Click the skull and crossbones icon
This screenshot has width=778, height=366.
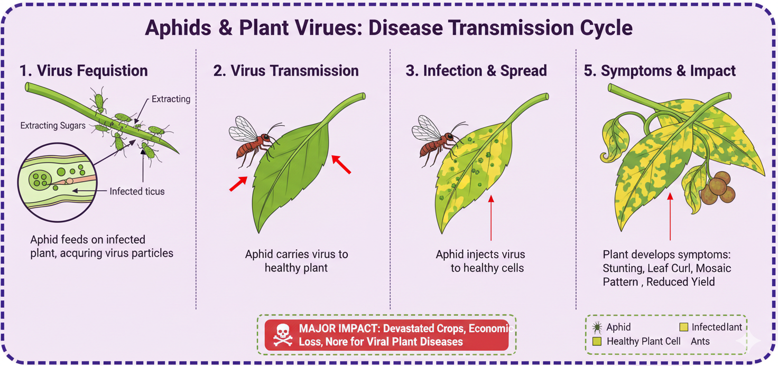click(282, 335)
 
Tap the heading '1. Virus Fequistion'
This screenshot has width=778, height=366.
click(84, 70)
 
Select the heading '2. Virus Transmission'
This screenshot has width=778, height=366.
click(286, 70)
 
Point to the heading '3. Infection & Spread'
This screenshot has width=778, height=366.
click(476, 70)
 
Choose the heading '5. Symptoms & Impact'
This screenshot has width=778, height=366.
click(660, 71)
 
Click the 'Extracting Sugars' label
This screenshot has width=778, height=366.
click(53, 126)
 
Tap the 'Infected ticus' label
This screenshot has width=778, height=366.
click(137, 191)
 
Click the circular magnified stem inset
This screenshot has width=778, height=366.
click(57, 183)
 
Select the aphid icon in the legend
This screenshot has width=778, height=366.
click(597, 327)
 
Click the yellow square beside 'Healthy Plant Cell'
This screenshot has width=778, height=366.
click(597, 341)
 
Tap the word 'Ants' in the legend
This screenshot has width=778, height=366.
click(700, 341)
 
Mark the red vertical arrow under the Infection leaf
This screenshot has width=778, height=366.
click(491, 218)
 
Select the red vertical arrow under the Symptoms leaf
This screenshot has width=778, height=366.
click(670, 217)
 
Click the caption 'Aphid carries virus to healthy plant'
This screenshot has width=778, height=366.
click(297, 261)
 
